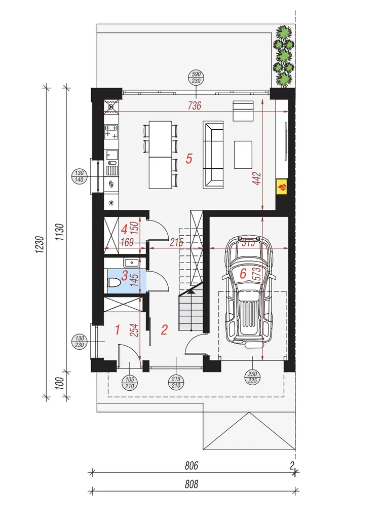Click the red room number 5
(189, 159)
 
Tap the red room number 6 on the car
(243, 273)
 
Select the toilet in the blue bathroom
(113, 283)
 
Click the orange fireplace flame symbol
(282, 187)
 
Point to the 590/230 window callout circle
(196, 78)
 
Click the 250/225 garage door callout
(252, 377)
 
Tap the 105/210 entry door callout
(130, 383)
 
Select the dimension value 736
(195, 105)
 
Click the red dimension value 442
(257, 178)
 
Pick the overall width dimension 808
(192, 484)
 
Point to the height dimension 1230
(40, 245)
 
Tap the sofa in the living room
(213, 155)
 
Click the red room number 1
(118, 329)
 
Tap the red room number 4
(124, 229)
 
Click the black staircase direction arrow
(191, 291)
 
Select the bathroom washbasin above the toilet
(132, 263)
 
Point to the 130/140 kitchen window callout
(79, 176)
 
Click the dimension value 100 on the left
(60, 383)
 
